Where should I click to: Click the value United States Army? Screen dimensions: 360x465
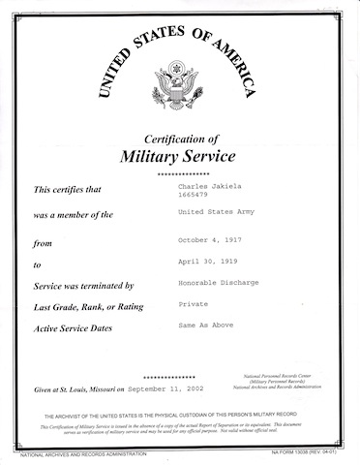(x=219, y=210)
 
